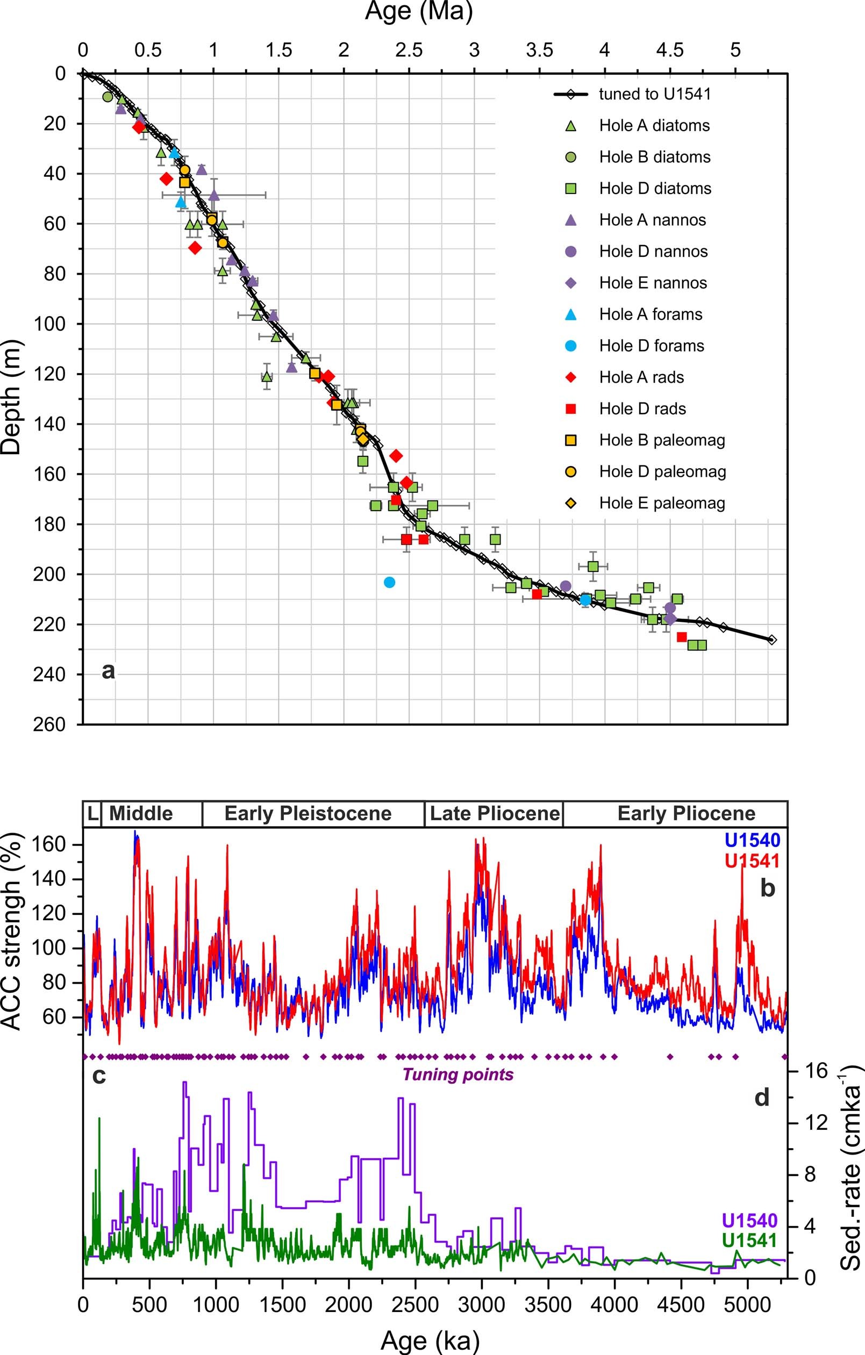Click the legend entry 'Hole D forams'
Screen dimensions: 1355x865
click(x=651, y=346)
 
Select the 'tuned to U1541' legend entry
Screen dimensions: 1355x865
click(x=654, y=94)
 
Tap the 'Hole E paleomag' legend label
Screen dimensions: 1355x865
click(x=662, y=503)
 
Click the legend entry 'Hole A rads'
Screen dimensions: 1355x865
click(x=641, y=377)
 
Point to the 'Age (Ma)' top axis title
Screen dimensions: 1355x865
click(x=419, y=11)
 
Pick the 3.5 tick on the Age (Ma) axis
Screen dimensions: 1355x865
click(x=539, y=50)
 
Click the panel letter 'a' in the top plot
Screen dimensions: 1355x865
click(x=108, y=670)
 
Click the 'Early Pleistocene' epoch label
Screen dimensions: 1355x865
click(x=308, y=813)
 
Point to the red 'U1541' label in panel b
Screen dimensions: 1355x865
click(x=753, y=861)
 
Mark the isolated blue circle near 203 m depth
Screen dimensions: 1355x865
click(x=389, y=582)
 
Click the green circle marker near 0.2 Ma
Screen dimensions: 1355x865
click(x=108, y=97)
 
